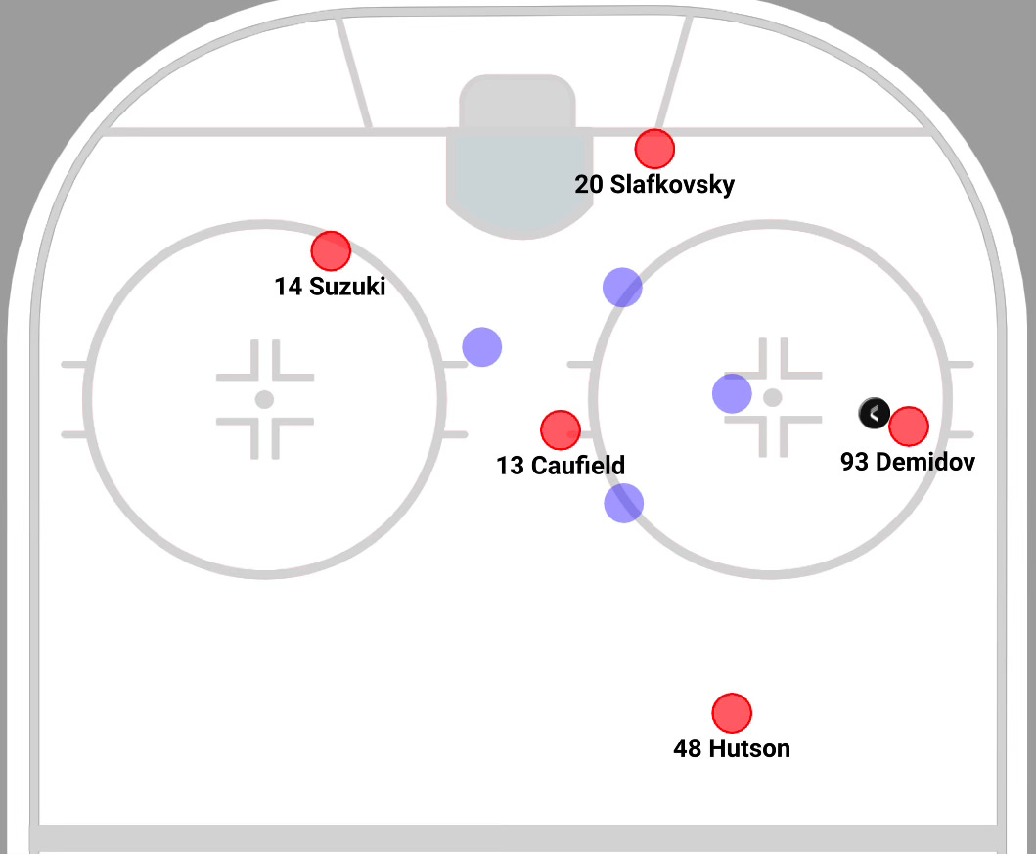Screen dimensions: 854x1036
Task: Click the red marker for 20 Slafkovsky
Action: coord(654,149)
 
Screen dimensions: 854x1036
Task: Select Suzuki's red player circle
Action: coord(331,251)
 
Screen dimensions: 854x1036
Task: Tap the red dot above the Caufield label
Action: coord(561,429)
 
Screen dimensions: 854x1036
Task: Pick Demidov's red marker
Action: coord(909,427)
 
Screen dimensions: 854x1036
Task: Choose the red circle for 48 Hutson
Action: coord(732,713)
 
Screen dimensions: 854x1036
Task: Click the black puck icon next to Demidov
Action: coord(874,414)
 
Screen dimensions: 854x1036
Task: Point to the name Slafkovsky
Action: coord(672,184)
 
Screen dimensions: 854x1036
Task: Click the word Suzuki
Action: coord(347,287)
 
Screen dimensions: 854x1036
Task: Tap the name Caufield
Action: coord(577,466)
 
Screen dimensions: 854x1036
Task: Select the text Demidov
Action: coord(924,462)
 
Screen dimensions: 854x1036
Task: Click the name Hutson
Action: coord(748,748)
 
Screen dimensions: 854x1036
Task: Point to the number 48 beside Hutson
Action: coord(688,748)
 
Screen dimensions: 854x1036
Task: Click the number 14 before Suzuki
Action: coord(289,287)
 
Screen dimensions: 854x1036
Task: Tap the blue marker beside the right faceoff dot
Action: coord(732,393)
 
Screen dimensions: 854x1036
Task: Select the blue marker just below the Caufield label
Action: coord(624,503)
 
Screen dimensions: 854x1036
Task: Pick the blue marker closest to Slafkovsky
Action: coord(622,287)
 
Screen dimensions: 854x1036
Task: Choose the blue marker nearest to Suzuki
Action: coord(482,346)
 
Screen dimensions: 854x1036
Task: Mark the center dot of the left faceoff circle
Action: coord(264,399)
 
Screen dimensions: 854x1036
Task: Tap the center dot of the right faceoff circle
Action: coord(773,397)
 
